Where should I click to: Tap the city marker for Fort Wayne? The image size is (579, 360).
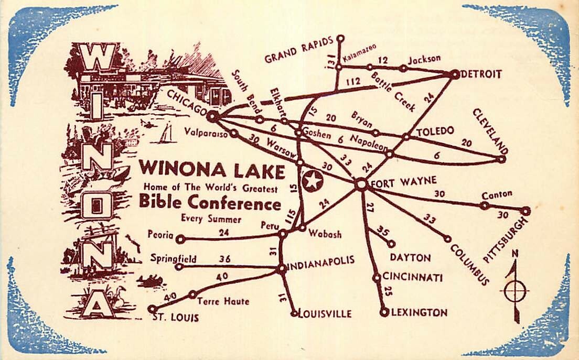[x=360, y=184]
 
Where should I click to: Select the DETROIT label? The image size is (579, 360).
[x=481, y=74]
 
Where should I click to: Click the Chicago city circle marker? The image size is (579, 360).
[x=212, y=115]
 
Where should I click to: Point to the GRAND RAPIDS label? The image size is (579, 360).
[x=298, y=48]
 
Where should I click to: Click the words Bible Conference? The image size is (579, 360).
[x=210, y=202]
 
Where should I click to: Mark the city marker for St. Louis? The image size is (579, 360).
[x=152, y=309]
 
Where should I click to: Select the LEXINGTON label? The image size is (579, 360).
[x=420, y=313]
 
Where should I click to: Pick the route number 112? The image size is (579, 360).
[x=355, y=81]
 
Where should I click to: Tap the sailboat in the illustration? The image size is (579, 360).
[x=166, y=134]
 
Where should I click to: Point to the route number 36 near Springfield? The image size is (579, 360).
[x=225, y=258]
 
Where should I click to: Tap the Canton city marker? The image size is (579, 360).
[x=485, y=205]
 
